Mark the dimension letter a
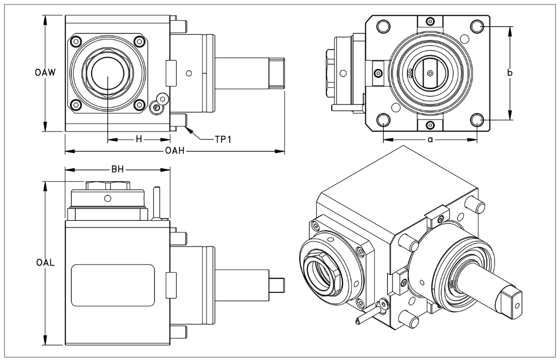tap(430, 139)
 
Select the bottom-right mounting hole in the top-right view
tap(477, 120)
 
